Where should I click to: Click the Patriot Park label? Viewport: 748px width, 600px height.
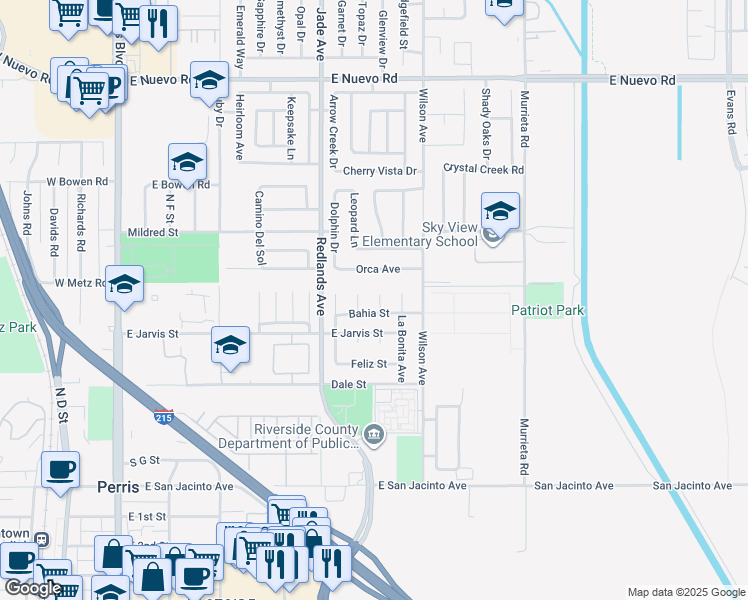click(x=547, y=311)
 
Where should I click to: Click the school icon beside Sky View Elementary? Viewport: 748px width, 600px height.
click(x=500, y=212)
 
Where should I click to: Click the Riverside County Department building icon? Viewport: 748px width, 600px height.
click(x=374, y=433)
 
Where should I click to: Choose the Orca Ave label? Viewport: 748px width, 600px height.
click(x=379, y=269)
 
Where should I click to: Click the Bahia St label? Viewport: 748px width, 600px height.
click(x=369, y=314)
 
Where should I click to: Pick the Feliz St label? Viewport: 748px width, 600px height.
click(x=367, y=364)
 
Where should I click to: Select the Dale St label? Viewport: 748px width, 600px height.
click(x=349, y=385)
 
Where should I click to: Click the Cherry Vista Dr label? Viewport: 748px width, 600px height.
click(x=379, y=171)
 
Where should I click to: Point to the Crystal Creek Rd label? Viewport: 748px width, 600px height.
click(x=483, y=170)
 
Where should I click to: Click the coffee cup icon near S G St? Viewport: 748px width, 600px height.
click(x=60, y=469)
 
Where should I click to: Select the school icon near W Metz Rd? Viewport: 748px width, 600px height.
click(x=124, y=284)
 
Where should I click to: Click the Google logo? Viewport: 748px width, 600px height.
click(x=33, y=588)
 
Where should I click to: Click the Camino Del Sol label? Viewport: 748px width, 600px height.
click(x=260, y=228)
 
